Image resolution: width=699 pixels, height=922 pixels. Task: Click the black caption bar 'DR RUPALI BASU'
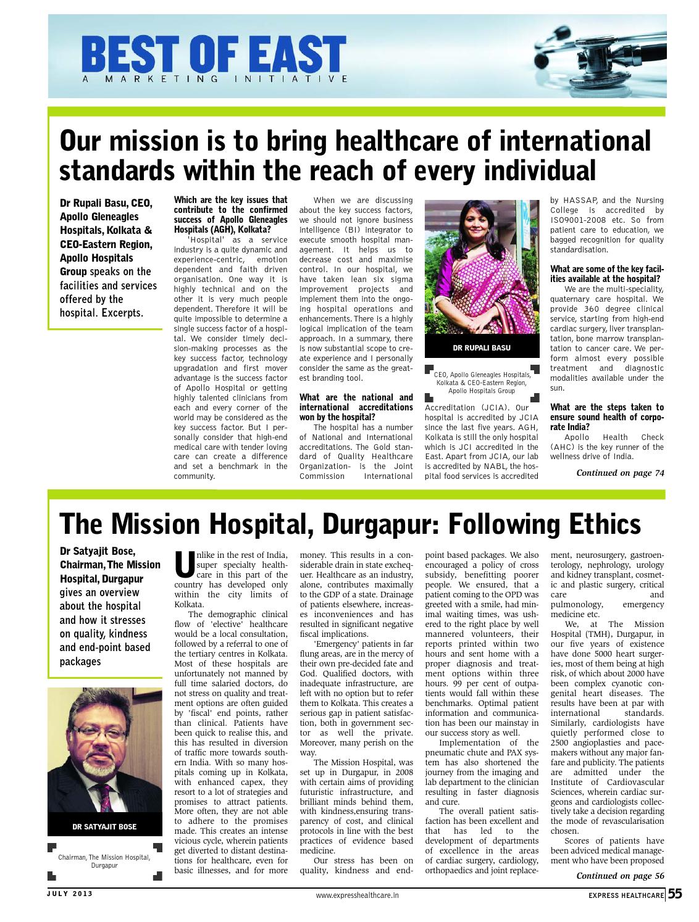(x=482, y=348)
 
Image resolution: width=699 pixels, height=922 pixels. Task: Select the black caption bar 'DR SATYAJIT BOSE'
(x=105, y=826)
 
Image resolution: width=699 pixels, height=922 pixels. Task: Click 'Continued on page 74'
(x=620, y=473)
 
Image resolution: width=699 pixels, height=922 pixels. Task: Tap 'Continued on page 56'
(x=620, y=876)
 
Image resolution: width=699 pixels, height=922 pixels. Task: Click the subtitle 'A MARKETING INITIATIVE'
(x=216, y=79)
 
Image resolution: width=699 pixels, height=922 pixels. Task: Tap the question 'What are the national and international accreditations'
(x=356, y=407)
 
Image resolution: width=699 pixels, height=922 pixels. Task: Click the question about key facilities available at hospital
(x=606, y=274)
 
